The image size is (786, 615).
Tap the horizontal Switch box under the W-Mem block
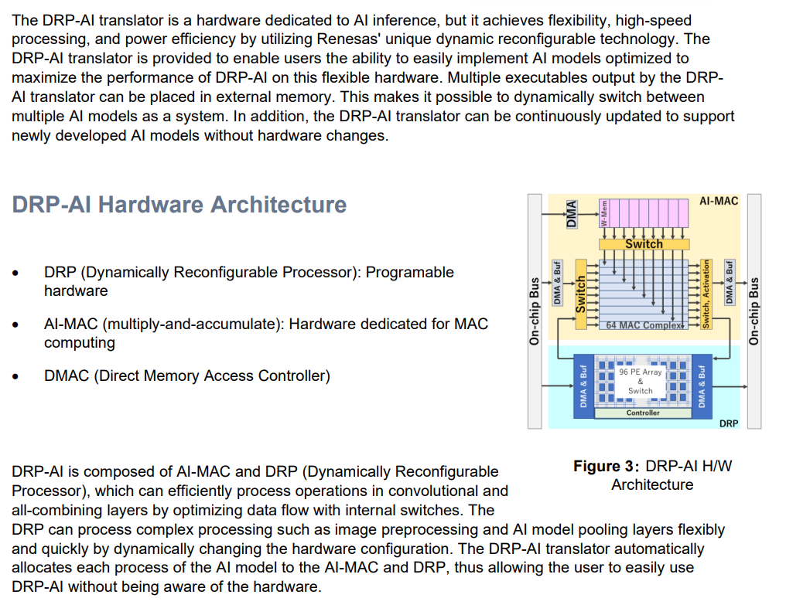click(644, 243)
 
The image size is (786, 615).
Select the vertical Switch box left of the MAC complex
click(581, 294)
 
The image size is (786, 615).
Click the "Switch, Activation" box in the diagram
click(705, 294)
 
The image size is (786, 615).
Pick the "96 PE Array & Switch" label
click(641, 381)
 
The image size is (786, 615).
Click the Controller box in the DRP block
click(643, 413)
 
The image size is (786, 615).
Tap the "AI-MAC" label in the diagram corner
click(718, 201)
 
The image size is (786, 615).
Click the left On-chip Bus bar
click(535, 310)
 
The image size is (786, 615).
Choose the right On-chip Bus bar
click(754, 310)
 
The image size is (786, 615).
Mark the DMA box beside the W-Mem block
click(572, 213)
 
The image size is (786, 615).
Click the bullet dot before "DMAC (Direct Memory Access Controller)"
click(16, 377)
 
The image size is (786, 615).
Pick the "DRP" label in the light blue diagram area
click(728, 423)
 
